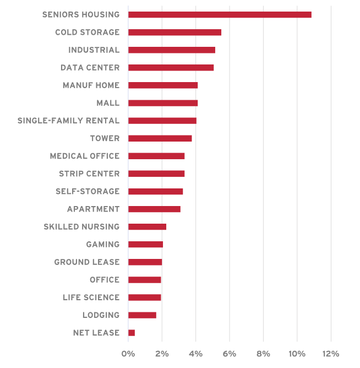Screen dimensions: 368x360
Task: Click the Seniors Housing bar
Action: pos(220,14)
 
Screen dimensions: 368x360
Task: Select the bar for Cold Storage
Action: pos(174,32)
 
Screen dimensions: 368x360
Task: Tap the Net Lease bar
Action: pos(132,333)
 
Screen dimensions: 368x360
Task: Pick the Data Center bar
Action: pos(171,67)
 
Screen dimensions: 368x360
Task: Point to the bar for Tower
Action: pos(160,138)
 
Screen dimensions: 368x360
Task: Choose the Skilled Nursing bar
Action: pos(147,226)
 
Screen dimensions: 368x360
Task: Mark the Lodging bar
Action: pos(142,315)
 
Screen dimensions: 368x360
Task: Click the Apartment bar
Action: pos(154,209)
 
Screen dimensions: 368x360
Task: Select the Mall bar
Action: pos(163,103)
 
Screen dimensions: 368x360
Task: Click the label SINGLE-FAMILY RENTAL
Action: pos(68,121)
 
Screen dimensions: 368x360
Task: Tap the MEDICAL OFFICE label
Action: pos(84,156)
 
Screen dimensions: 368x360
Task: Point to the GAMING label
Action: pos(102,244)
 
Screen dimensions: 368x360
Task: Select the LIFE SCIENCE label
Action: pos(91,297)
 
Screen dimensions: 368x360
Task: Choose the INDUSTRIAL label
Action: pos(94,50)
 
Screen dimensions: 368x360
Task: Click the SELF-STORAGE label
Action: pos(87,191)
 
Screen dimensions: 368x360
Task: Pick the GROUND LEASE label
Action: pos(86,262)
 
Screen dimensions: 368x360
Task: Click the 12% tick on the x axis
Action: pos(331,354)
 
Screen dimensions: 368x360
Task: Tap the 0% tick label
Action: pos(128,354)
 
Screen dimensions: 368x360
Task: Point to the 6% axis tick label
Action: pos(230,354)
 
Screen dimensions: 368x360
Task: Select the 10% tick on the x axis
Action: pos(297,354)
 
